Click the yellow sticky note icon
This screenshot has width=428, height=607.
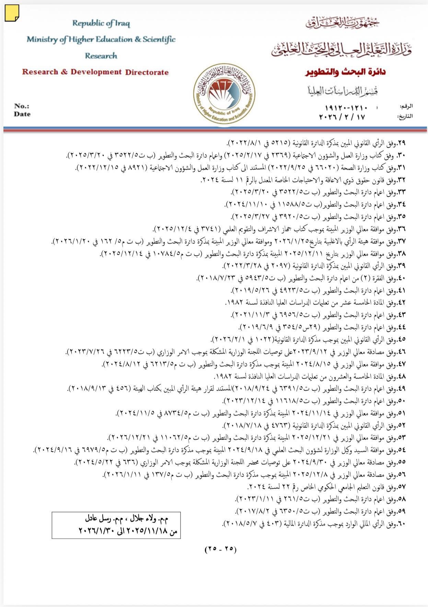(12, 13)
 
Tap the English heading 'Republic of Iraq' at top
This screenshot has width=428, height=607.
(101, 23)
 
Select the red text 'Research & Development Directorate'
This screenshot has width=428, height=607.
(95, 72)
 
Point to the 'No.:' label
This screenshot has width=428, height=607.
(22, 106)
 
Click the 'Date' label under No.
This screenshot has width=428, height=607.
(22, 114)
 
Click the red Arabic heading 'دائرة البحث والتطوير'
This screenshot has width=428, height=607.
(345, 72)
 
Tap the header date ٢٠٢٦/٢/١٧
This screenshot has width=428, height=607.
(342, 117)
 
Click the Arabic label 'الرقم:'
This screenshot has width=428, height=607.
(406, 106)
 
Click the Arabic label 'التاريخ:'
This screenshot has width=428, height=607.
(405, 116)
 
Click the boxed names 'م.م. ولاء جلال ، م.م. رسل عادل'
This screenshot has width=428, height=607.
(127, 519)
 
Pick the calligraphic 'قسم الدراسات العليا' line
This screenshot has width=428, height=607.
(343, 91)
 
